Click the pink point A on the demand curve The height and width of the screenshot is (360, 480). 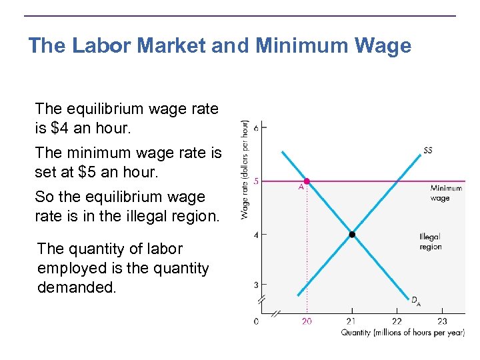pos(307,181)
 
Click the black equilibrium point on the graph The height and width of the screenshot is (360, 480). pos(352,234)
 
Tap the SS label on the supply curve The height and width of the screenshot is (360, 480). pos(427,151)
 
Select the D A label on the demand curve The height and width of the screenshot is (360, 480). pos(415,301)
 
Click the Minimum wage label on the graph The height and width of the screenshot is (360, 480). pos(445,193)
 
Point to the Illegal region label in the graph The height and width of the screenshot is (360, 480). pos(431,242)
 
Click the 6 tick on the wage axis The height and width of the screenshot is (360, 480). pos(255,127)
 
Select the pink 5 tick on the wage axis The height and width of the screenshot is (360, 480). pos(255,181)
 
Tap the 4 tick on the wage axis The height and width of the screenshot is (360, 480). pos(255,234)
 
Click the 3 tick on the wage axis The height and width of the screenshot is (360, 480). pos(255,285)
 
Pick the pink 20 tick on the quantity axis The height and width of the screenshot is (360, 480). pos(307,321)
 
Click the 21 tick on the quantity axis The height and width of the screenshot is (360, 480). pos(352,321)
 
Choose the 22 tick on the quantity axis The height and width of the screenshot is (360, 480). pos(397,321)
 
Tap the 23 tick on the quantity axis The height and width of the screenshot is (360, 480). pos(441,321)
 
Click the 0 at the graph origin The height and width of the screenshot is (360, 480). pos(257,321)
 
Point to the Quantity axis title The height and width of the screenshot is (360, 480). pos(403,333)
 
